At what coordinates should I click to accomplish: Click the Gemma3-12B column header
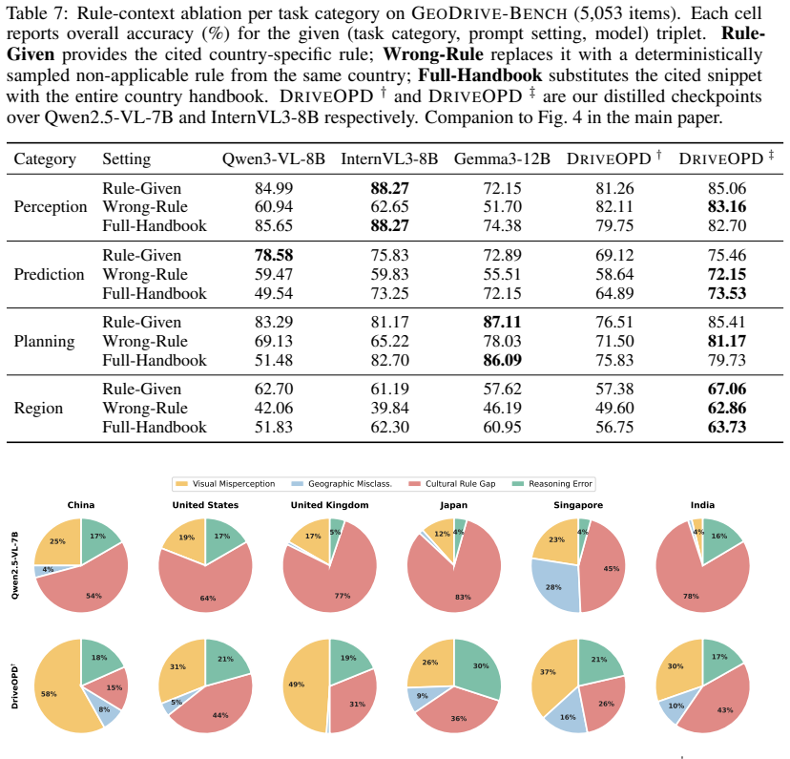pos(502,158)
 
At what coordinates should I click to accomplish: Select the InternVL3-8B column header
pos(389,158)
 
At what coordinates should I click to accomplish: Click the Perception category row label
pos(51,206)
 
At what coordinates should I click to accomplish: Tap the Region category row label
pos(38,408)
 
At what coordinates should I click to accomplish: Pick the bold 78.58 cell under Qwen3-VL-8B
pos(274,255)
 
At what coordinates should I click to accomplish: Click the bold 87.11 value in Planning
pos(502,322)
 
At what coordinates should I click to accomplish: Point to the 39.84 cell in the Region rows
pos(389,408)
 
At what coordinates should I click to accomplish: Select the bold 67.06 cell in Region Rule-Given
pos(726,390)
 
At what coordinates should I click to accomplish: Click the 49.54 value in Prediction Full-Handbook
pos(274,293)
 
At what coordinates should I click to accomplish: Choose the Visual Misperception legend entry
pos(225,484)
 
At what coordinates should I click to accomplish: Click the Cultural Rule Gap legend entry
pos(452,484)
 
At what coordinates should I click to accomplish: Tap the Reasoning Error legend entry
pos(552,484)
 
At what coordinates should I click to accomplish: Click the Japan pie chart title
pos(453,505)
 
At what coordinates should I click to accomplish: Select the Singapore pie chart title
pos(578,505)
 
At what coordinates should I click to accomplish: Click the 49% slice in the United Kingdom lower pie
pos(302,685)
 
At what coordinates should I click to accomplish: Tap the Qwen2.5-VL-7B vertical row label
pos(14,565)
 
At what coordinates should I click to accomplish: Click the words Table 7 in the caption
pos(35,13)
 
